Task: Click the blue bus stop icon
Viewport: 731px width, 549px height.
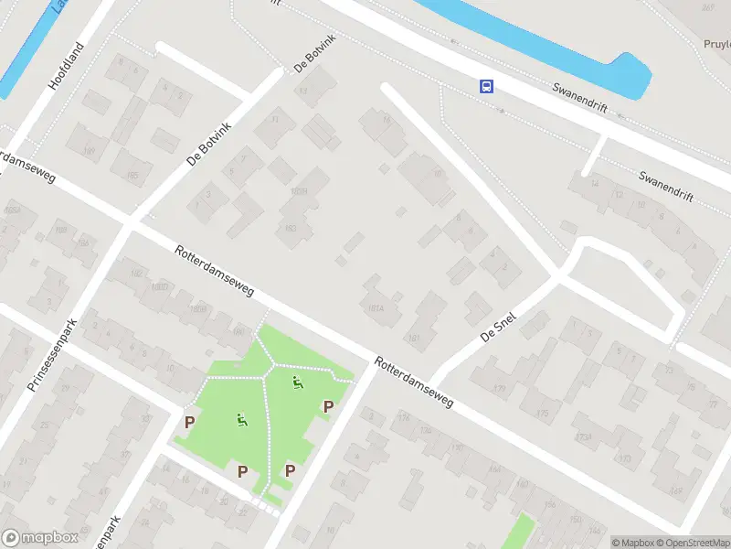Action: (x=486, y=87)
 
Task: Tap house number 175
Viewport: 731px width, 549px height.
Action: (x=543, y=414)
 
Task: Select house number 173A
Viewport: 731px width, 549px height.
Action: (x=584, y=437)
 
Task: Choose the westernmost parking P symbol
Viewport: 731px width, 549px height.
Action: (x=190, y=422)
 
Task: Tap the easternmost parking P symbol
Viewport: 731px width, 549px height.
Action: (x=328, y=406)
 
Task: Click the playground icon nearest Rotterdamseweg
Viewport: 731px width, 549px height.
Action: (x=296, y=382)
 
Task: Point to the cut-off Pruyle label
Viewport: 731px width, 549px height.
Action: (x=717, y=43)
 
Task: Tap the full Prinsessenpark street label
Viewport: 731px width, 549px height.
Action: (x=55, y=354)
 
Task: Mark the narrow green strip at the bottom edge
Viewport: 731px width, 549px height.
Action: (x=518, y=533)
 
